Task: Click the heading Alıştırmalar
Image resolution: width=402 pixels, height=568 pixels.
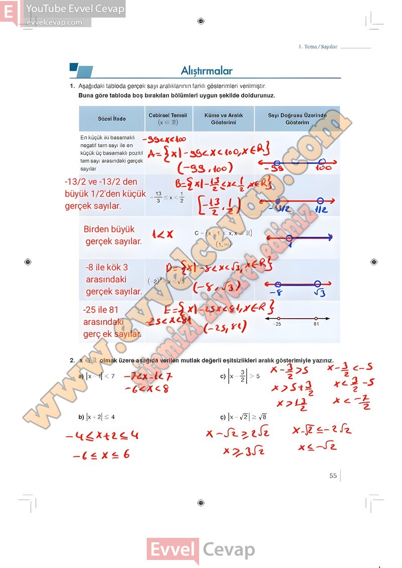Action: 207,71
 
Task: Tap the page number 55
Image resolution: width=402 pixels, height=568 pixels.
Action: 333,476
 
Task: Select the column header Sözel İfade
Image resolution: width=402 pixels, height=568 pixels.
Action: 112,119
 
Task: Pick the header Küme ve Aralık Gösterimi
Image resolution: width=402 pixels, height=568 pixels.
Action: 224,119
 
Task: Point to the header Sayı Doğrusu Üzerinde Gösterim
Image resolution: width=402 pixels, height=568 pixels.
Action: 297,119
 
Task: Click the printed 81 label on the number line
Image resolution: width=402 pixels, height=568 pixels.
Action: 316,324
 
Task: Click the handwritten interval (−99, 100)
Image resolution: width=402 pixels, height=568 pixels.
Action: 205,167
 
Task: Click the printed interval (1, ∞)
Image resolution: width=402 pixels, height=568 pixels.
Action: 223,244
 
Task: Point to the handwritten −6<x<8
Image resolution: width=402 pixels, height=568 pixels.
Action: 147,389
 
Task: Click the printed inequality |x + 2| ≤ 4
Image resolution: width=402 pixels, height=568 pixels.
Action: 100,417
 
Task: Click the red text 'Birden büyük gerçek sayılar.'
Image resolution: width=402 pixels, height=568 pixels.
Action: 113,235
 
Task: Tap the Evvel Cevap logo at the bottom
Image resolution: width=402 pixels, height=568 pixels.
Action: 200,550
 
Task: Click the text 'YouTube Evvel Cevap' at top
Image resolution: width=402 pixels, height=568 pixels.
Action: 75,9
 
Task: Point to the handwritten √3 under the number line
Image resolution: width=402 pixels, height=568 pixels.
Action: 320,292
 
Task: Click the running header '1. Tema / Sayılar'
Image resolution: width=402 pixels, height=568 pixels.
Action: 318,47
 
